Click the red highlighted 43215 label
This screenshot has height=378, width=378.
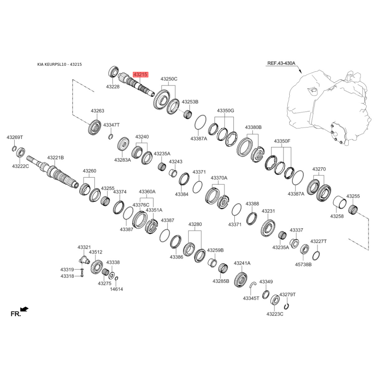point(140,75)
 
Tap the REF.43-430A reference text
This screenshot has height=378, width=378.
point(281,63)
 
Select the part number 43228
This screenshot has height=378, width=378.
point(113,86)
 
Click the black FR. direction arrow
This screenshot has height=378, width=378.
point(25,309)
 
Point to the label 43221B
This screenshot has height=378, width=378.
point(55,158)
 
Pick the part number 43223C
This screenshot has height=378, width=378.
point(275,314)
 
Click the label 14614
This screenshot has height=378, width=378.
point(116,289)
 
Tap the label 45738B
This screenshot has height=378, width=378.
point(303,265)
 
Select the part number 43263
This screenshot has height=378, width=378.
point(97,111)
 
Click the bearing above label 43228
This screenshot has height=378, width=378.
point(113,71)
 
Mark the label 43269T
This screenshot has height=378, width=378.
point(15,137)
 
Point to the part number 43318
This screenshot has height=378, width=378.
point(67,276)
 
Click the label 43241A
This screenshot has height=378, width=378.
point(242,263)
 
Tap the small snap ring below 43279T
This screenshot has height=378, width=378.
point(286,306)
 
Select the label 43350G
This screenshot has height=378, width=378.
point(225,111)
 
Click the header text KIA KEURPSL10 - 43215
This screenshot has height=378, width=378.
point(60,64)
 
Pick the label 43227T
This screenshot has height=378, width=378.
point(318,241)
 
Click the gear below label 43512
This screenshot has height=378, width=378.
point(97,266)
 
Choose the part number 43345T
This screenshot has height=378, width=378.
point(251,298)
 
